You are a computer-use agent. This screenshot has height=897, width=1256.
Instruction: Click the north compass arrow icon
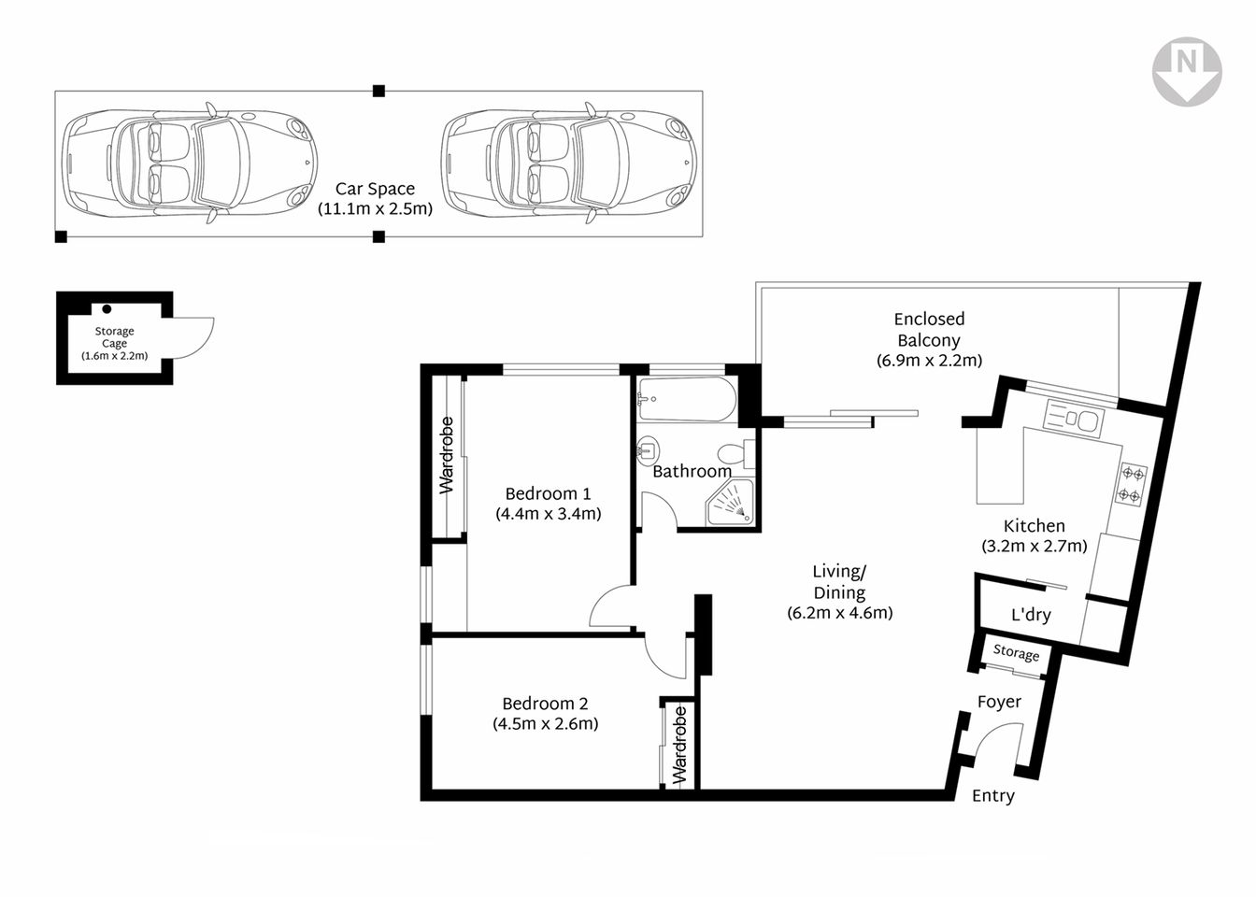point(1186,71)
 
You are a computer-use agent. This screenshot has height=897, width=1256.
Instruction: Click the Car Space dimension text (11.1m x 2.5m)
point(375,209)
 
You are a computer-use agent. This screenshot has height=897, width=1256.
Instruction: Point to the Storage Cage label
point(114,337)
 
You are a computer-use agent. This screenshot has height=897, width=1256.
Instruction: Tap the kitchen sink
point(1075,418)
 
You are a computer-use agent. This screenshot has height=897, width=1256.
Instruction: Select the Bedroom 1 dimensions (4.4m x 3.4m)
point(548,514)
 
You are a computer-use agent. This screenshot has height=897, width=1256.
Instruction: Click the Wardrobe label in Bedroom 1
point(447,455)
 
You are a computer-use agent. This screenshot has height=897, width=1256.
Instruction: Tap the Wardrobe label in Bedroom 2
point(679,745)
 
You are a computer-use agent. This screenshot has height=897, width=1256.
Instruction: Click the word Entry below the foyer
point(992,796)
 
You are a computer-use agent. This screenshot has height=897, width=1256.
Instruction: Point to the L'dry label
point(1031,615)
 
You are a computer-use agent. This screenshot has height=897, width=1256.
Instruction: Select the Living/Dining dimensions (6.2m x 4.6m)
point(839,613)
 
